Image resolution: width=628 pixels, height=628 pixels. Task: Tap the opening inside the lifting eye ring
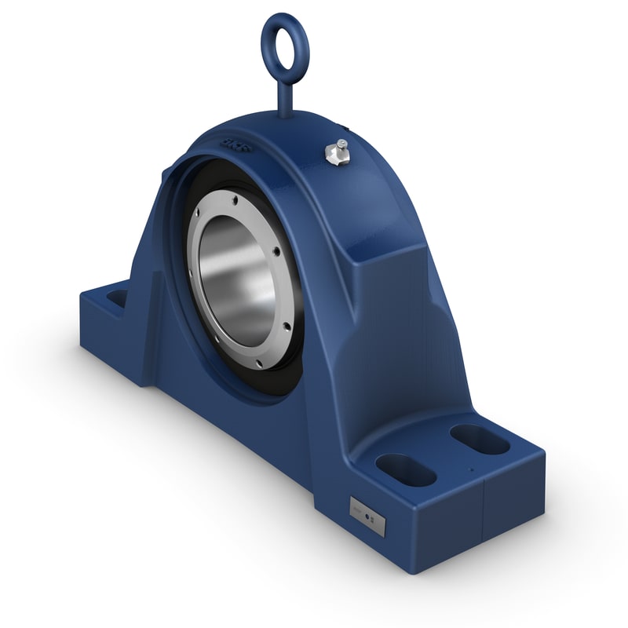[x=285, y=44]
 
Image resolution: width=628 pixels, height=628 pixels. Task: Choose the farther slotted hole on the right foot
[x=480, y=440]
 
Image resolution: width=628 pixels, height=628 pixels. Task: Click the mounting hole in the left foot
[x=117, y=298]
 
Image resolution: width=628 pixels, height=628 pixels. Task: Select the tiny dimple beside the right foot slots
[x=470, y=471]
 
